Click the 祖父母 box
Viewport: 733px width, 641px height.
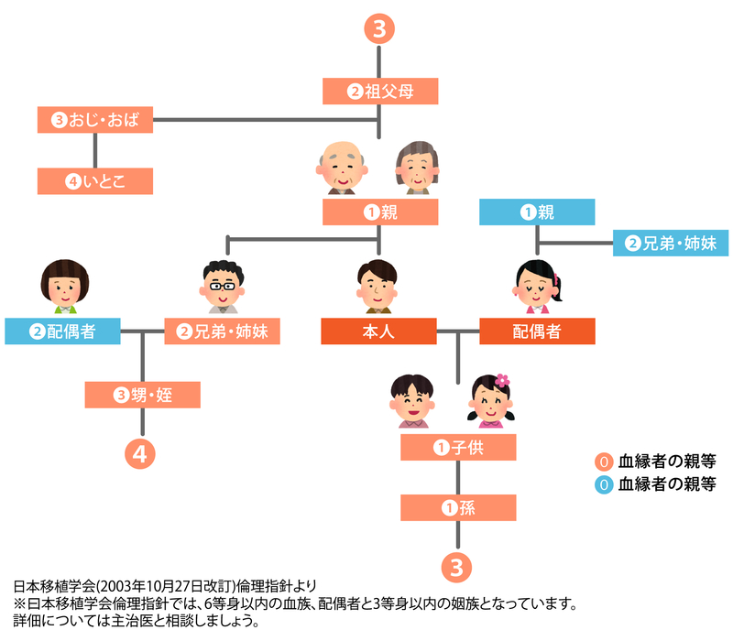click(x=380, y=91)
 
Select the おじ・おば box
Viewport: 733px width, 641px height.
click(x=95, y=119)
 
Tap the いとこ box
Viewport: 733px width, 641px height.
click(x=95, y=181)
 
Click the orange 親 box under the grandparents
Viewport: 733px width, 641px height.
click(x=380, y=212)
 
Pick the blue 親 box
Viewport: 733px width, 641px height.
click(x=538, y=212)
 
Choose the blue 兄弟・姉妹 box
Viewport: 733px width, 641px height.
click(x=670, y=243)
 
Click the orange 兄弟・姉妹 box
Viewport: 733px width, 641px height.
click(x=222, y=331)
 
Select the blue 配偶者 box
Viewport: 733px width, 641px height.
click(x=62, y=331)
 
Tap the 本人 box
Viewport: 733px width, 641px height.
click(x=378, y=331)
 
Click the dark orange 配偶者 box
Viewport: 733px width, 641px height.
click(x=538, y=331)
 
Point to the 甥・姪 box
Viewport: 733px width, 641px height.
click(x=142, y=395)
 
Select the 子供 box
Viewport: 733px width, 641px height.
click(x=458, y=447)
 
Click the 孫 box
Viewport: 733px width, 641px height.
click(x=458, y=507)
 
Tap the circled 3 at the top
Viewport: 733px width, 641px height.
click(x=380, y=29)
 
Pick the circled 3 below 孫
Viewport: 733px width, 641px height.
click(x=458, y=565)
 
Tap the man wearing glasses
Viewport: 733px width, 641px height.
click(x=222, y=285)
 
